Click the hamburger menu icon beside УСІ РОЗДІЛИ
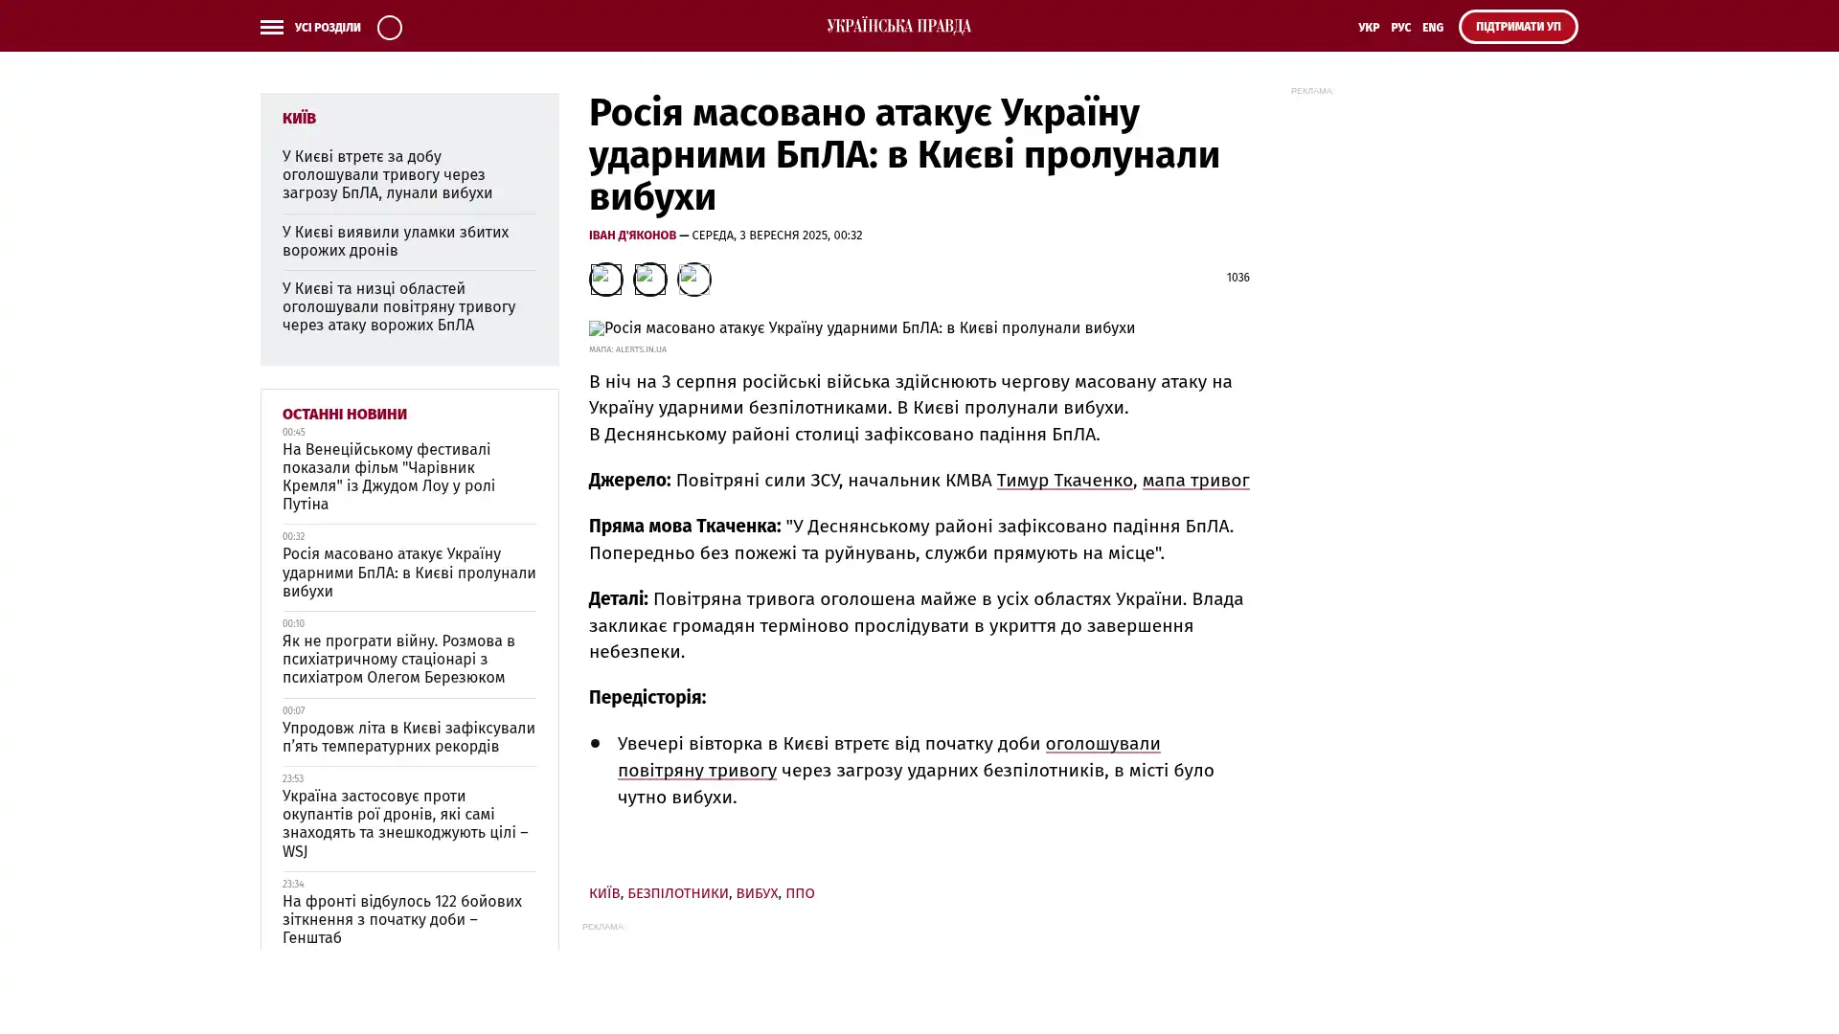click(x=271, y=28)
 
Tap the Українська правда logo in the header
click(x=898, y=27)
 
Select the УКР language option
click(x=1368, y=28)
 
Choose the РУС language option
click(x=1400, y=28)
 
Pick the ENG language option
click(x=1432, y=28)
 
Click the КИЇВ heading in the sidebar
click(x=299, y=118)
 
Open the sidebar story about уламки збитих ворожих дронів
click(x=395, y=241)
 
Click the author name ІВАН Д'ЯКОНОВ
click(x=632, y=236)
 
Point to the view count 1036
click(x=1237, y=278)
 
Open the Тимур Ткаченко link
click(x=1064, y=481)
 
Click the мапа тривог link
click(x=1195, y=481)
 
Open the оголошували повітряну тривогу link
click(x=888, y=756)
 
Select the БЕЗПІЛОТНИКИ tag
click(x=677, y=893)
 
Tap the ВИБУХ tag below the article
click(x=756, y=893)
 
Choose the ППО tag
click(x=800, y=893)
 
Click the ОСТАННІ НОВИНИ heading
click(x=344, y=415)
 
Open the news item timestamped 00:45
click(x=388, y=477)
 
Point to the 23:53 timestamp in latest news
click(x=292, y=779)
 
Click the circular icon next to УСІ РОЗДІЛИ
click(x=389, y=28)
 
